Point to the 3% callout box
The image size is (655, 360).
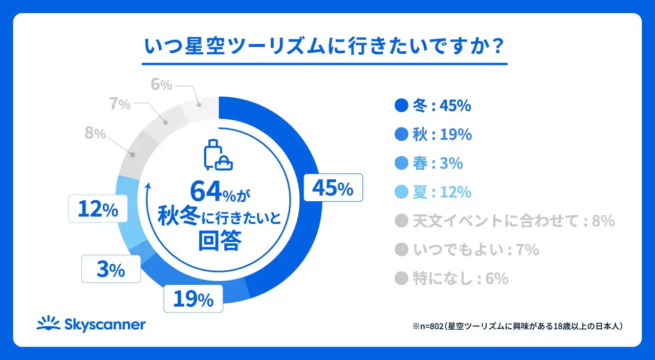click(111, 269)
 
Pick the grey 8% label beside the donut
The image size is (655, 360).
click(95, 134)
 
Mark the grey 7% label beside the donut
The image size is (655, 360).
click(120, 104)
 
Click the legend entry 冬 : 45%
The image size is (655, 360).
click(433, 106)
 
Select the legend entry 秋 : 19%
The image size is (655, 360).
click(433, 135)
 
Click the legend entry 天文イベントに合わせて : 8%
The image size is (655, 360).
click(505, 221)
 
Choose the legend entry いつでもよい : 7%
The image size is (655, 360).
click(467, 249)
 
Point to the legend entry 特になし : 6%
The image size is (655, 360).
click(452, 278)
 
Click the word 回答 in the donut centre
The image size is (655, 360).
click(219, 241)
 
